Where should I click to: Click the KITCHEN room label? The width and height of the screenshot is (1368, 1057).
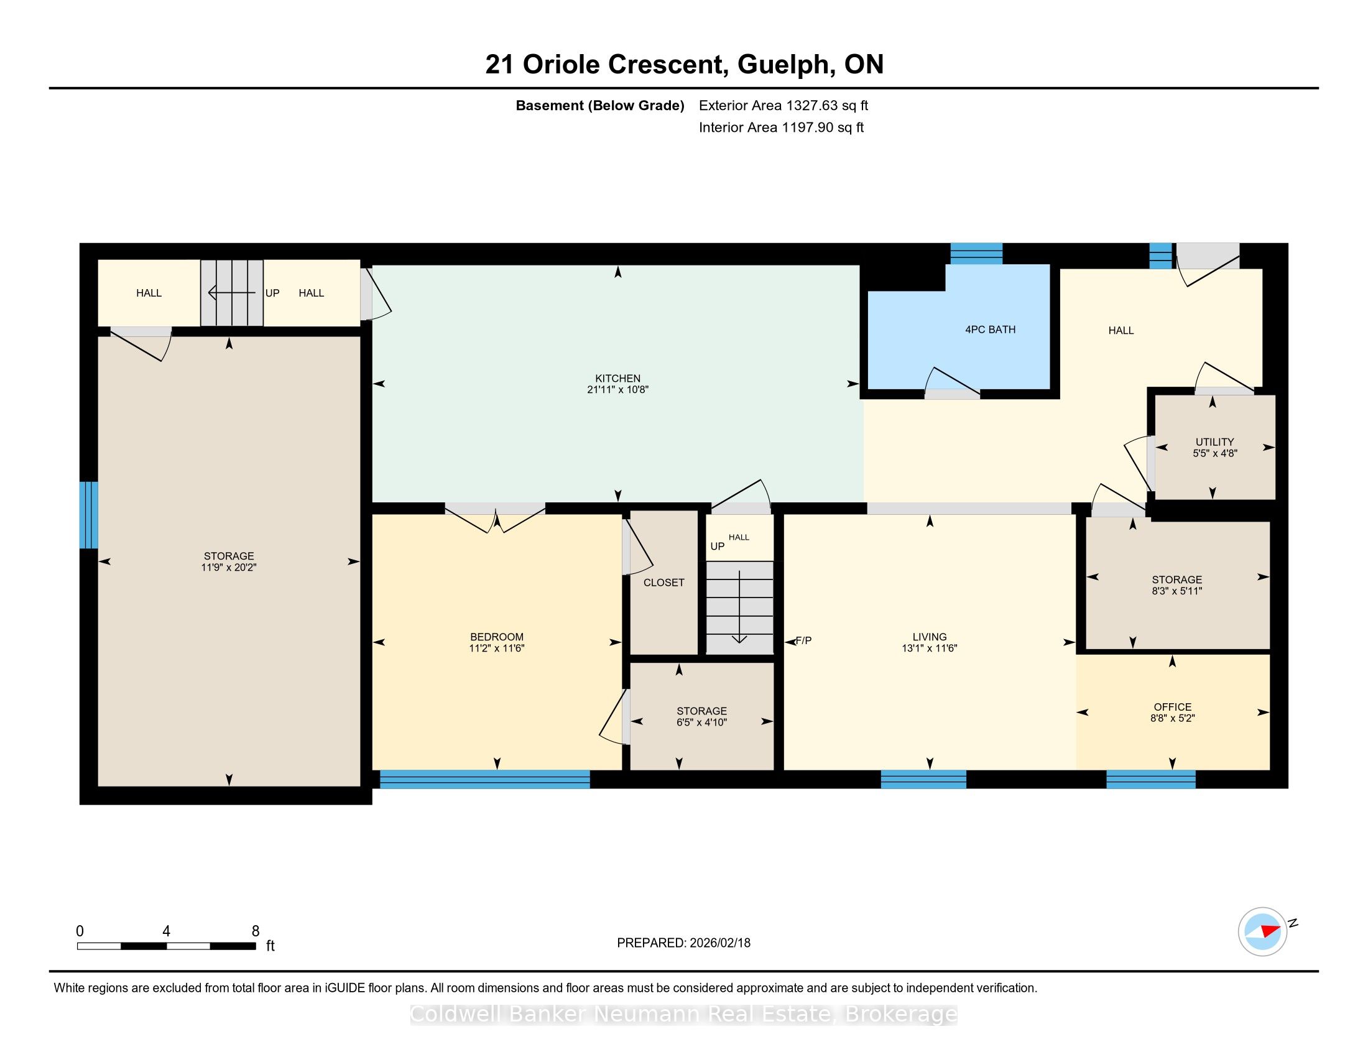(617, 378)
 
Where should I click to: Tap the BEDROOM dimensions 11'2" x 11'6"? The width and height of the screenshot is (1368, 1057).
(497, 649)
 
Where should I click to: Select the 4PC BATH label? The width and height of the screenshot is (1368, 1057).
(991, 330)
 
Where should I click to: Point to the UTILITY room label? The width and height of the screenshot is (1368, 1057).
(1214, 442)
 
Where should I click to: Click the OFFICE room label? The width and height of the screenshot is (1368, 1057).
(1173, 707)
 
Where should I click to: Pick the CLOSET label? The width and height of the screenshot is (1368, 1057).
(664, 583)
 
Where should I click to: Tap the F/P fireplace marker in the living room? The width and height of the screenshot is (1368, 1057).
(803, 640)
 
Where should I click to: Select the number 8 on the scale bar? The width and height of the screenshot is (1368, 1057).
(256, 931)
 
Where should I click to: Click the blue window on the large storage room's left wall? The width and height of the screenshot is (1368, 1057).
(89, 515)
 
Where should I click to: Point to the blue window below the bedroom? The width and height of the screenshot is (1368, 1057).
(485, 779)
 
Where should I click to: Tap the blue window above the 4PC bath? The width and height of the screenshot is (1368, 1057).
(976, 254)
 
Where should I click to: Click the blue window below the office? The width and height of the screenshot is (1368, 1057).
(1151, 779)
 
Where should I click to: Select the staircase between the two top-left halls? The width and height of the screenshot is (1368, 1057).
(232, 292)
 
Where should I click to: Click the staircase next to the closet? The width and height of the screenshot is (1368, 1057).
(740, 607)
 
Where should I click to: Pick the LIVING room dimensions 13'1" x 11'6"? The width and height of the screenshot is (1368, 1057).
(930, 649)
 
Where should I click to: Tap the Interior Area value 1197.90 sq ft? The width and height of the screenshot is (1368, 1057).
(823, 127)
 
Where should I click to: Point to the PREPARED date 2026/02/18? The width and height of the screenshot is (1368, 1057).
(719, 943)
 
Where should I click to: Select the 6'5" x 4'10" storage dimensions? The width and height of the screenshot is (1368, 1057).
(701, 722)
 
